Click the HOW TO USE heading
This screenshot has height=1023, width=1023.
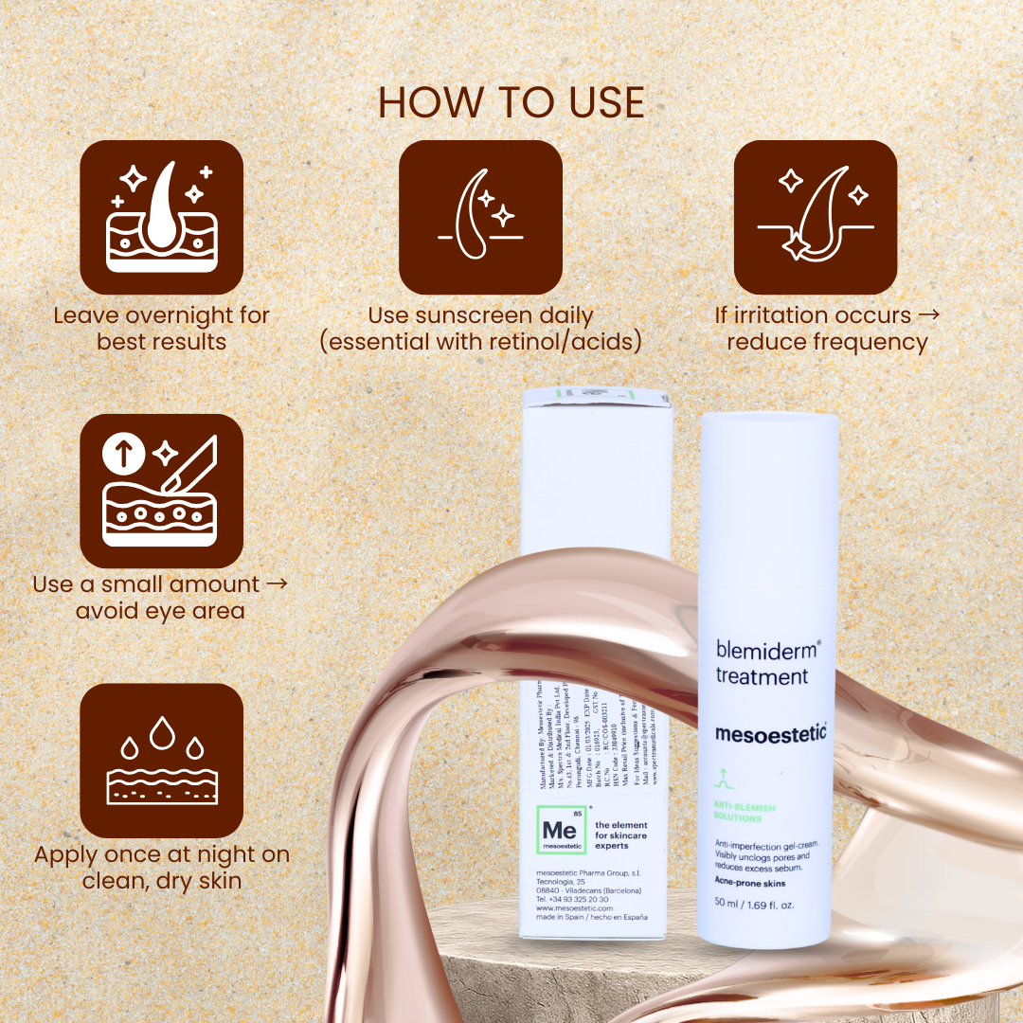tap(511, 102)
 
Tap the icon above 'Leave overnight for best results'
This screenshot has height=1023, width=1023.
tap(161, 217)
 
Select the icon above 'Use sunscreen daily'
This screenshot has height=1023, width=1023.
tap(480, 217)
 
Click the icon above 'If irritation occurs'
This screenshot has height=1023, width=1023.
tap(816, 217)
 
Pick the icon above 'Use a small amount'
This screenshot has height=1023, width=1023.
tap(161, 491)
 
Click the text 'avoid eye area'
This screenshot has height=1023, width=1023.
tap(160, 611)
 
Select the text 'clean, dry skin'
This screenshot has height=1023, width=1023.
tap(161, 880)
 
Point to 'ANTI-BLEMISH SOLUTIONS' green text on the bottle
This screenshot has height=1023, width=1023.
tap(745, 813)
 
